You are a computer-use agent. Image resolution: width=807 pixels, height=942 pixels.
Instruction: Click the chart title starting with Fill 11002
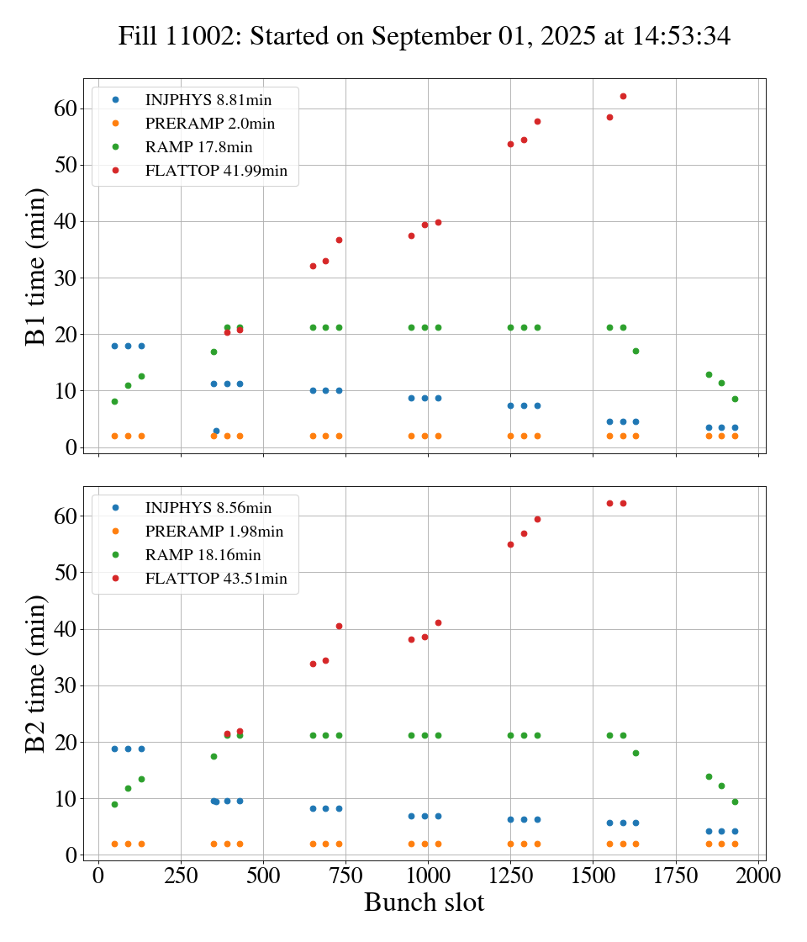[424, 36]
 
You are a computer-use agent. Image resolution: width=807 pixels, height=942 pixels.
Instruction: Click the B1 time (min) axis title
[35, 267]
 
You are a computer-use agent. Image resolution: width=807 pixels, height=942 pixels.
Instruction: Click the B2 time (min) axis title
[35, 674]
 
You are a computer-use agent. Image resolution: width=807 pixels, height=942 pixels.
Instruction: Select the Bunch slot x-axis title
[424, 902]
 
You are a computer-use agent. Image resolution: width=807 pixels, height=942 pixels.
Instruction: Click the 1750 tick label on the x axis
[676, 875]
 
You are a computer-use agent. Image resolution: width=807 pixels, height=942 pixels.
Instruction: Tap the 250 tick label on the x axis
[181, 875]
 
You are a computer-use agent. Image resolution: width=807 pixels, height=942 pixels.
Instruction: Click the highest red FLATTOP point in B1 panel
[623, 96]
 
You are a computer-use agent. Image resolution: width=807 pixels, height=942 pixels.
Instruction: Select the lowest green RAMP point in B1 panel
[114, 401]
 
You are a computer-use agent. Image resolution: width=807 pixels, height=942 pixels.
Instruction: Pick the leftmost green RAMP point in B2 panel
[114, 804]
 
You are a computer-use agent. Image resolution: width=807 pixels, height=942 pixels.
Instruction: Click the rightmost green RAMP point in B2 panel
[735, 802]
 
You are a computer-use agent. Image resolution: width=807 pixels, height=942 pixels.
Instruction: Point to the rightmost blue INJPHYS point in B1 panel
[735, 427]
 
